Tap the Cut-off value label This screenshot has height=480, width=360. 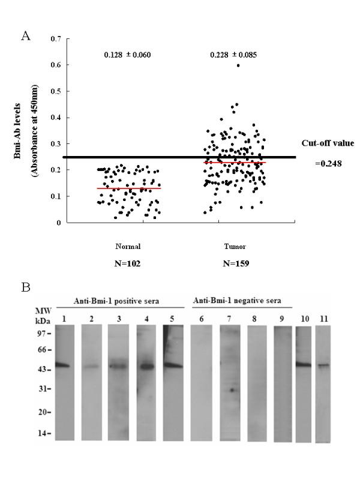click(328, 143)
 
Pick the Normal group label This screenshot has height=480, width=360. click(127, 246)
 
